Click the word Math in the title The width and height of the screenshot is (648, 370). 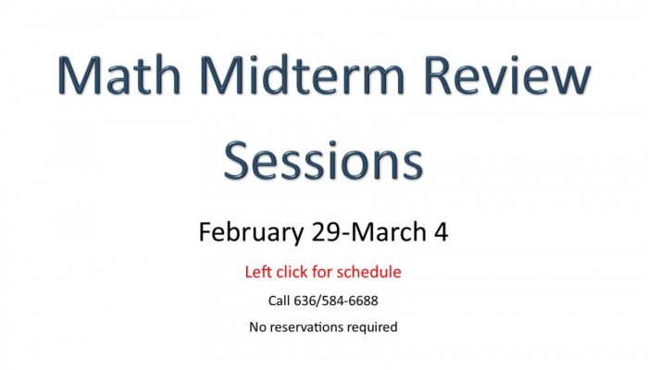pos(119,74)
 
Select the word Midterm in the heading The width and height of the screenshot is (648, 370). pos(302,74)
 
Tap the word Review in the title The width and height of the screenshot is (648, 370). pos(507,74)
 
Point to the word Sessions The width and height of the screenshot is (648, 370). pos(324,160)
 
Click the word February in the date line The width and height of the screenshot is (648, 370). pos(251,232)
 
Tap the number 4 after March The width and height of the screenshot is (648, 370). pos(441,232)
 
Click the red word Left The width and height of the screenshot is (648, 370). pos(258,272)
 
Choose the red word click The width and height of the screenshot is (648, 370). pos(293,272)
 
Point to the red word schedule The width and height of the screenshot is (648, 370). pos(368,272)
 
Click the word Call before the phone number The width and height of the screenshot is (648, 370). pos(279,301)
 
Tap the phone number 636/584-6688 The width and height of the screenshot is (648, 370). pos(335,301)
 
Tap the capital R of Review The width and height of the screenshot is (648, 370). pos(438,75)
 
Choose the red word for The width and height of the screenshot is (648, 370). pos(322,272)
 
